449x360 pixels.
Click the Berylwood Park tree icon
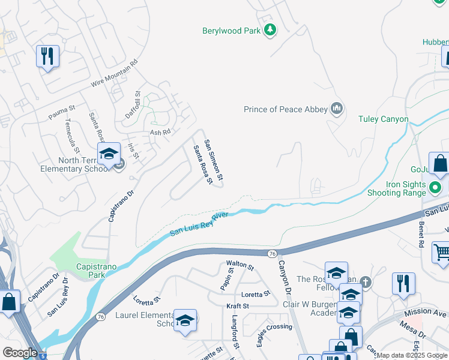[270, 29]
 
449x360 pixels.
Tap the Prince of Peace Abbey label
[286, 109]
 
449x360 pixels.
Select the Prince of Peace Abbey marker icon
[336, 109]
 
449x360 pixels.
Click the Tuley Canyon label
[383, 119]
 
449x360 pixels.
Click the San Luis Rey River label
[199, 224]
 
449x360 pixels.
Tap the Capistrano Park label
[91, 271]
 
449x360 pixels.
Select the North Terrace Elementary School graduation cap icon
[109, 154]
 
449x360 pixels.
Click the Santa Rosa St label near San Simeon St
[203, 164]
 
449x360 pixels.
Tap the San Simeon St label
[214, 160]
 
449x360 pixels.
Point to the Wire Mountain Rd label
[114, 74]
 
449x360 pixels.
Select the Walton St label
[240, 264]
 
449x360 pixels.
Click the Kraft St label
[237, 306]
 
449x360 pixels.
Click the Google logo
[20, 352]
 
